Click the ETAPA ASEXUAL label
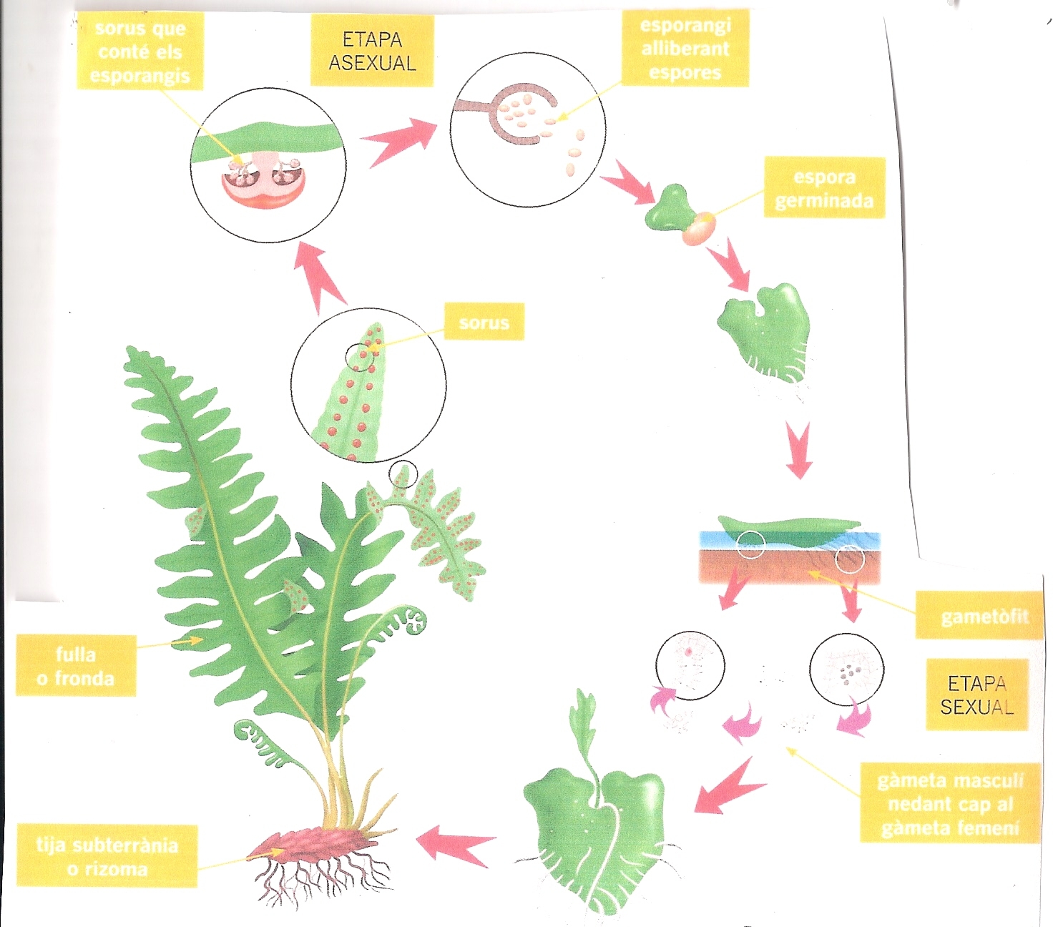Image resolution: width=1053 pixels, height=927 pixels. tap(372, 51)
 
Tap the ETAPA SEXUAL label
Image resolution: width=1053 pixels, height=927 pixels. tap(976, 695)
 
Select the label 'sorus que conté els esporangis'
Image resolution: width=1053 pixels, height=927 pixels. tap(139, 52)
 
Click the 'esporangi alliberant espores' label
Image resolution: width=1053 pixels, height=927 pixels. tap(685, 49)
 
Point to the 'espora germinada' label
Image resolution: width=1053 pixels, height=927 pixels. tap(824, 188)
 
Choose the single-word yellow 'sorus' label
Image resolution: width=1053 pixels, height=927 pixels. tap(484, 323)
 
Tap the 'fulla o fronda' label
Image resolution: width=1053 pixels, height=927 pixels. tap(75, 666)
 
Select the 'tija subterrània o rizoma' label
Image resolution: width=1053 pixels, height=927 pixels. tap(107, 857)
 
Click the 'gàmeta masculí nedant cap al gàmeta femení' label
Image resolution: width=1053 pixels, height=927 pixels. tap(950, 804)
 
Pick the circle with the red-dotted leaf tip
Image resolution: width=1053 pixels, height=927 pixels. tap(368, 384)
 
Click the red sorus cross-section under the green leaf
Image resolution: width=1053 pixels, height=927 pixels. tap(263, 187)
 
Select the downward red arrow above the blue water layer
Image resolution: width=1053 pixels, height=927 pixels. tap(798, 449)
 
